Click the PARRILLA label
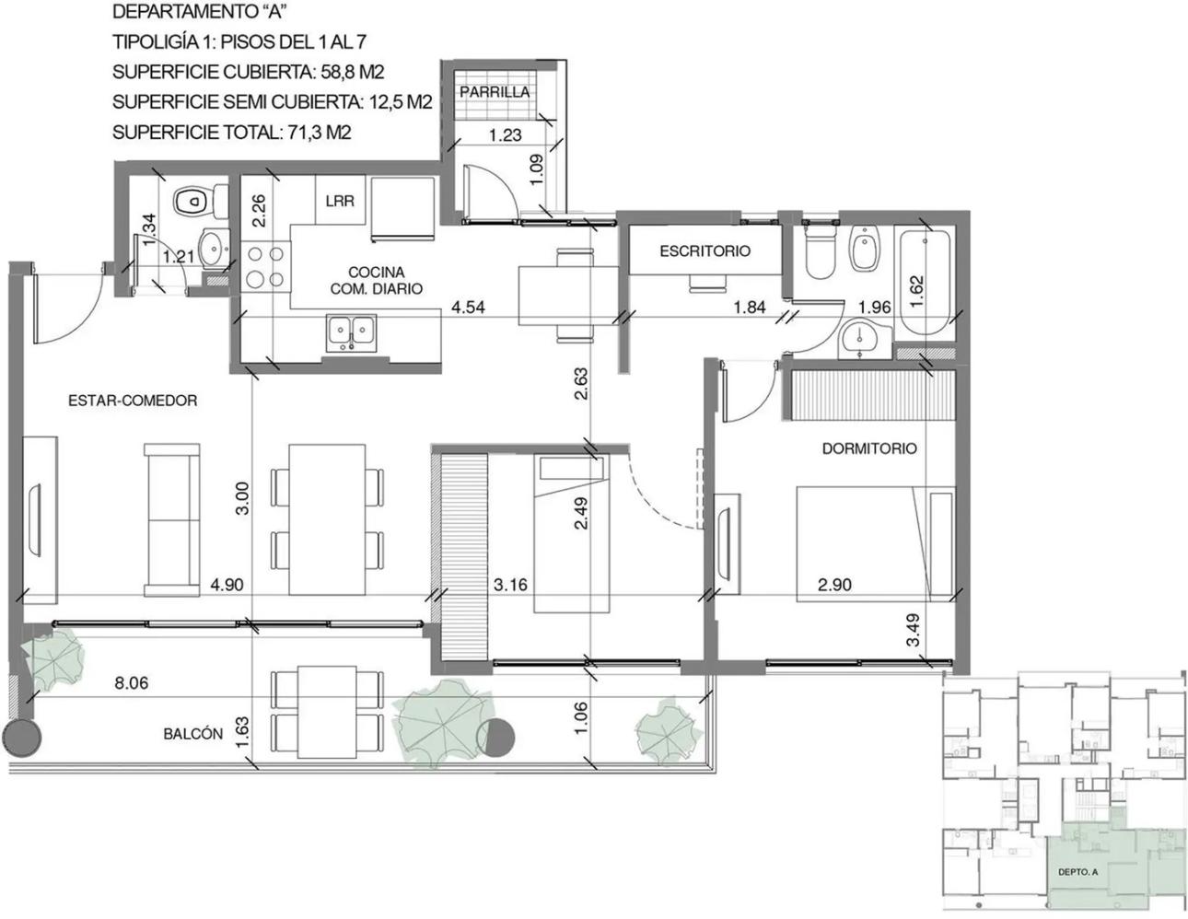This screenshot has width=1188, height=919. (x=495, y=92)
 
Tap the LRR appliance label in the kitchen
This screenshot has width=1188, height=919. (x=340, y=201)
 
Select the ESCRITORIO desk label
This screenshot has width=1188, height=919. (x=705, y=251)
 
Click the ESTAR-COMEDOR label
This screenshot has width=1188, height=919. (x=133, y=401)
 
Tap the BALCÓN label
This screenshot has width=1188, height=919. (x=193, y=734)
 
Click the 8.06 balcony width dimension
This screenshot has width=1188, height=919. (x=131, y=683)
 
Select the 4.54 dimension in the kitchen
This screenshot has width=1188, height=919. (x=468, y=308)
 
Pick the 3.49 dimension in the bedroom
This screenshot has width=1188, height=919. (x=913, y=631)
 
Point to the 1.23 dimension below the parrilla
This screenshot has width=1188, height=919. (x=506, y=134)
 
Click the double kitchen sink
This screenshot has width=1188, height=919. (x=351, y=332)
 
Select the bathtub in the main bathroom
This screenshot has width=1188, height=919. (x=925, y=283)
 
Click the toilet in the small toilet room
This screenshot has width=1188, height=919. (x=200, y=201)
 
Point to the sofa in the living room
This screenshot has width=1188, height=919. (x=171, y=519)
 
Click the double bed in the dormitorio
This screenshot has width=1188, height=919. (x=875, y=544)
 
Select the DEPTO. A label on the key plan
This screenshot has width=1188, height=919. (x=1077, y=872)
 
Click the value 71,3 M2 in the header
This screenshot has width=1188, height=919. (x=320, y=133)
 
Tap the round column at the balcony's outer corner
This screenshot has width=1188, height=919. (x=22, y=738)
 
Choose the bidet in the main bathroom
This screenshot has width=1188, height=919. (x=866, y=249)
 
